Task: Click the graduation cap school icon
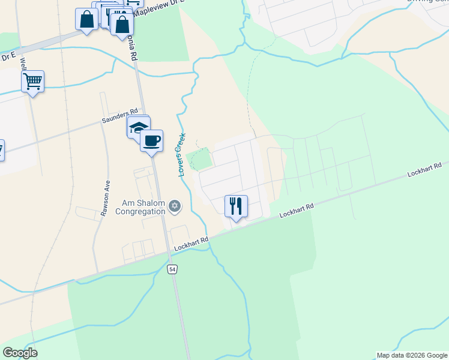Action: coord(138,127)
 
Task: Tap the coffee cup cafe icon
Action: coord(151,141)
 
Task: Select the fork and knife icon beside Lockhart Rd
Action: coord(236,206)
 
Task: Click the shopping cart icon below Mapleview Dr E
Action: coord(32,81)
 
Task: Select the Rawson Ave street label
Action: coord(106,199)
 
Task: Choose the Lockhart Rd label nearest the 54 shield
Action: coord(191,244)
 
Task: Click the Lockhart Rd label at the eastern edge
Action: coord(424,169)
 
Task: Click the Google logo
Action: coord(20,353)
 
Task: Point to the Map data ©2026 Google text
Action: coord(412,355)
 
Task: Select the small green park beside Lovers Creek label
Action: coord(200,159)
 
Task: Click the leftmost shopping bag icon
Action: coord(86,18)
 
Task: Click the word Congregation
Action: coord(140,211)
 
